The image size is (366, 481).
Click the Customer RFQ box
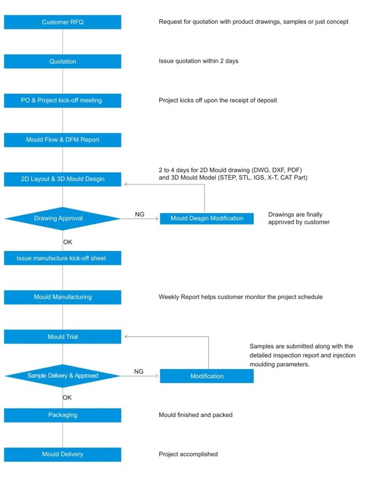click(x=62, y=22)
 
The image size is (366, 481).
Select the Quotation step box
click(x=62, y=61)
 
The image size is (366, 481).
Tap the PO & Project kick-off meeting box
click(x=62, y=101)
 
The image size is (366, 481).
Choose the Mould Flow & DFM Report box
click(x=62, y=140)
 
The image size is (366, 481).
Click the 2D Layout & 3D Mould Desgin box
click(x=62, y=179)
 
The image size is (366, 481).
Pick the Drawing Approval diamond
click(x=62, y=218)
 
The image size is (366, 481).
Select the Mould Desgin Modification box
click(x=207, y=218)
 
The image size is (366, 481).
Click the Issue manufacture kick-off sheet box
click(x=62, y=258)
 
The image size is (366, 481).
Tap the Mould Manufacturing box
click(x=62, y=297)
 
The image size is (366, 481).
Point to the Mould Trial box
click(x=62, y=337)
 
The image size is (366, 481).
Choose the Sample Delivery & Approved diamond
click(x=62, y=376)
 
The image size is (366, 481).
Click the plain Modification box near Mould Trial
click(x=207, y=376)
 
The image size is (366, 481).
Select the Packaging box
click(x=62, y=415)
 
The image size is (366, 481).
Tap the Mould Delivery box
click(x=62, y=455)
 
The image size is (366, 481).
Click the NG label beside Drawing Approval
click(x=139, y=214)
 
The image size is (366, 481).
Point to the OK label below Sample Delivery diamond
click(x=67, y=397)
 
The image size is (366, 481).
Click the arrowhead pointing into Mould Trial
click(x=126, y=337)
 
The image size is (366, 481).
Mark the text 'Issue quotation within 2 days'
click(x=198, y=61)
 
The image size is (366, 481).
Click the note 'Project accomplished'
click(x=188, y=454)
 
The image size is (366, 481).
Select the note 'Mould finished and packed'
click(x=196, y=415)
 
